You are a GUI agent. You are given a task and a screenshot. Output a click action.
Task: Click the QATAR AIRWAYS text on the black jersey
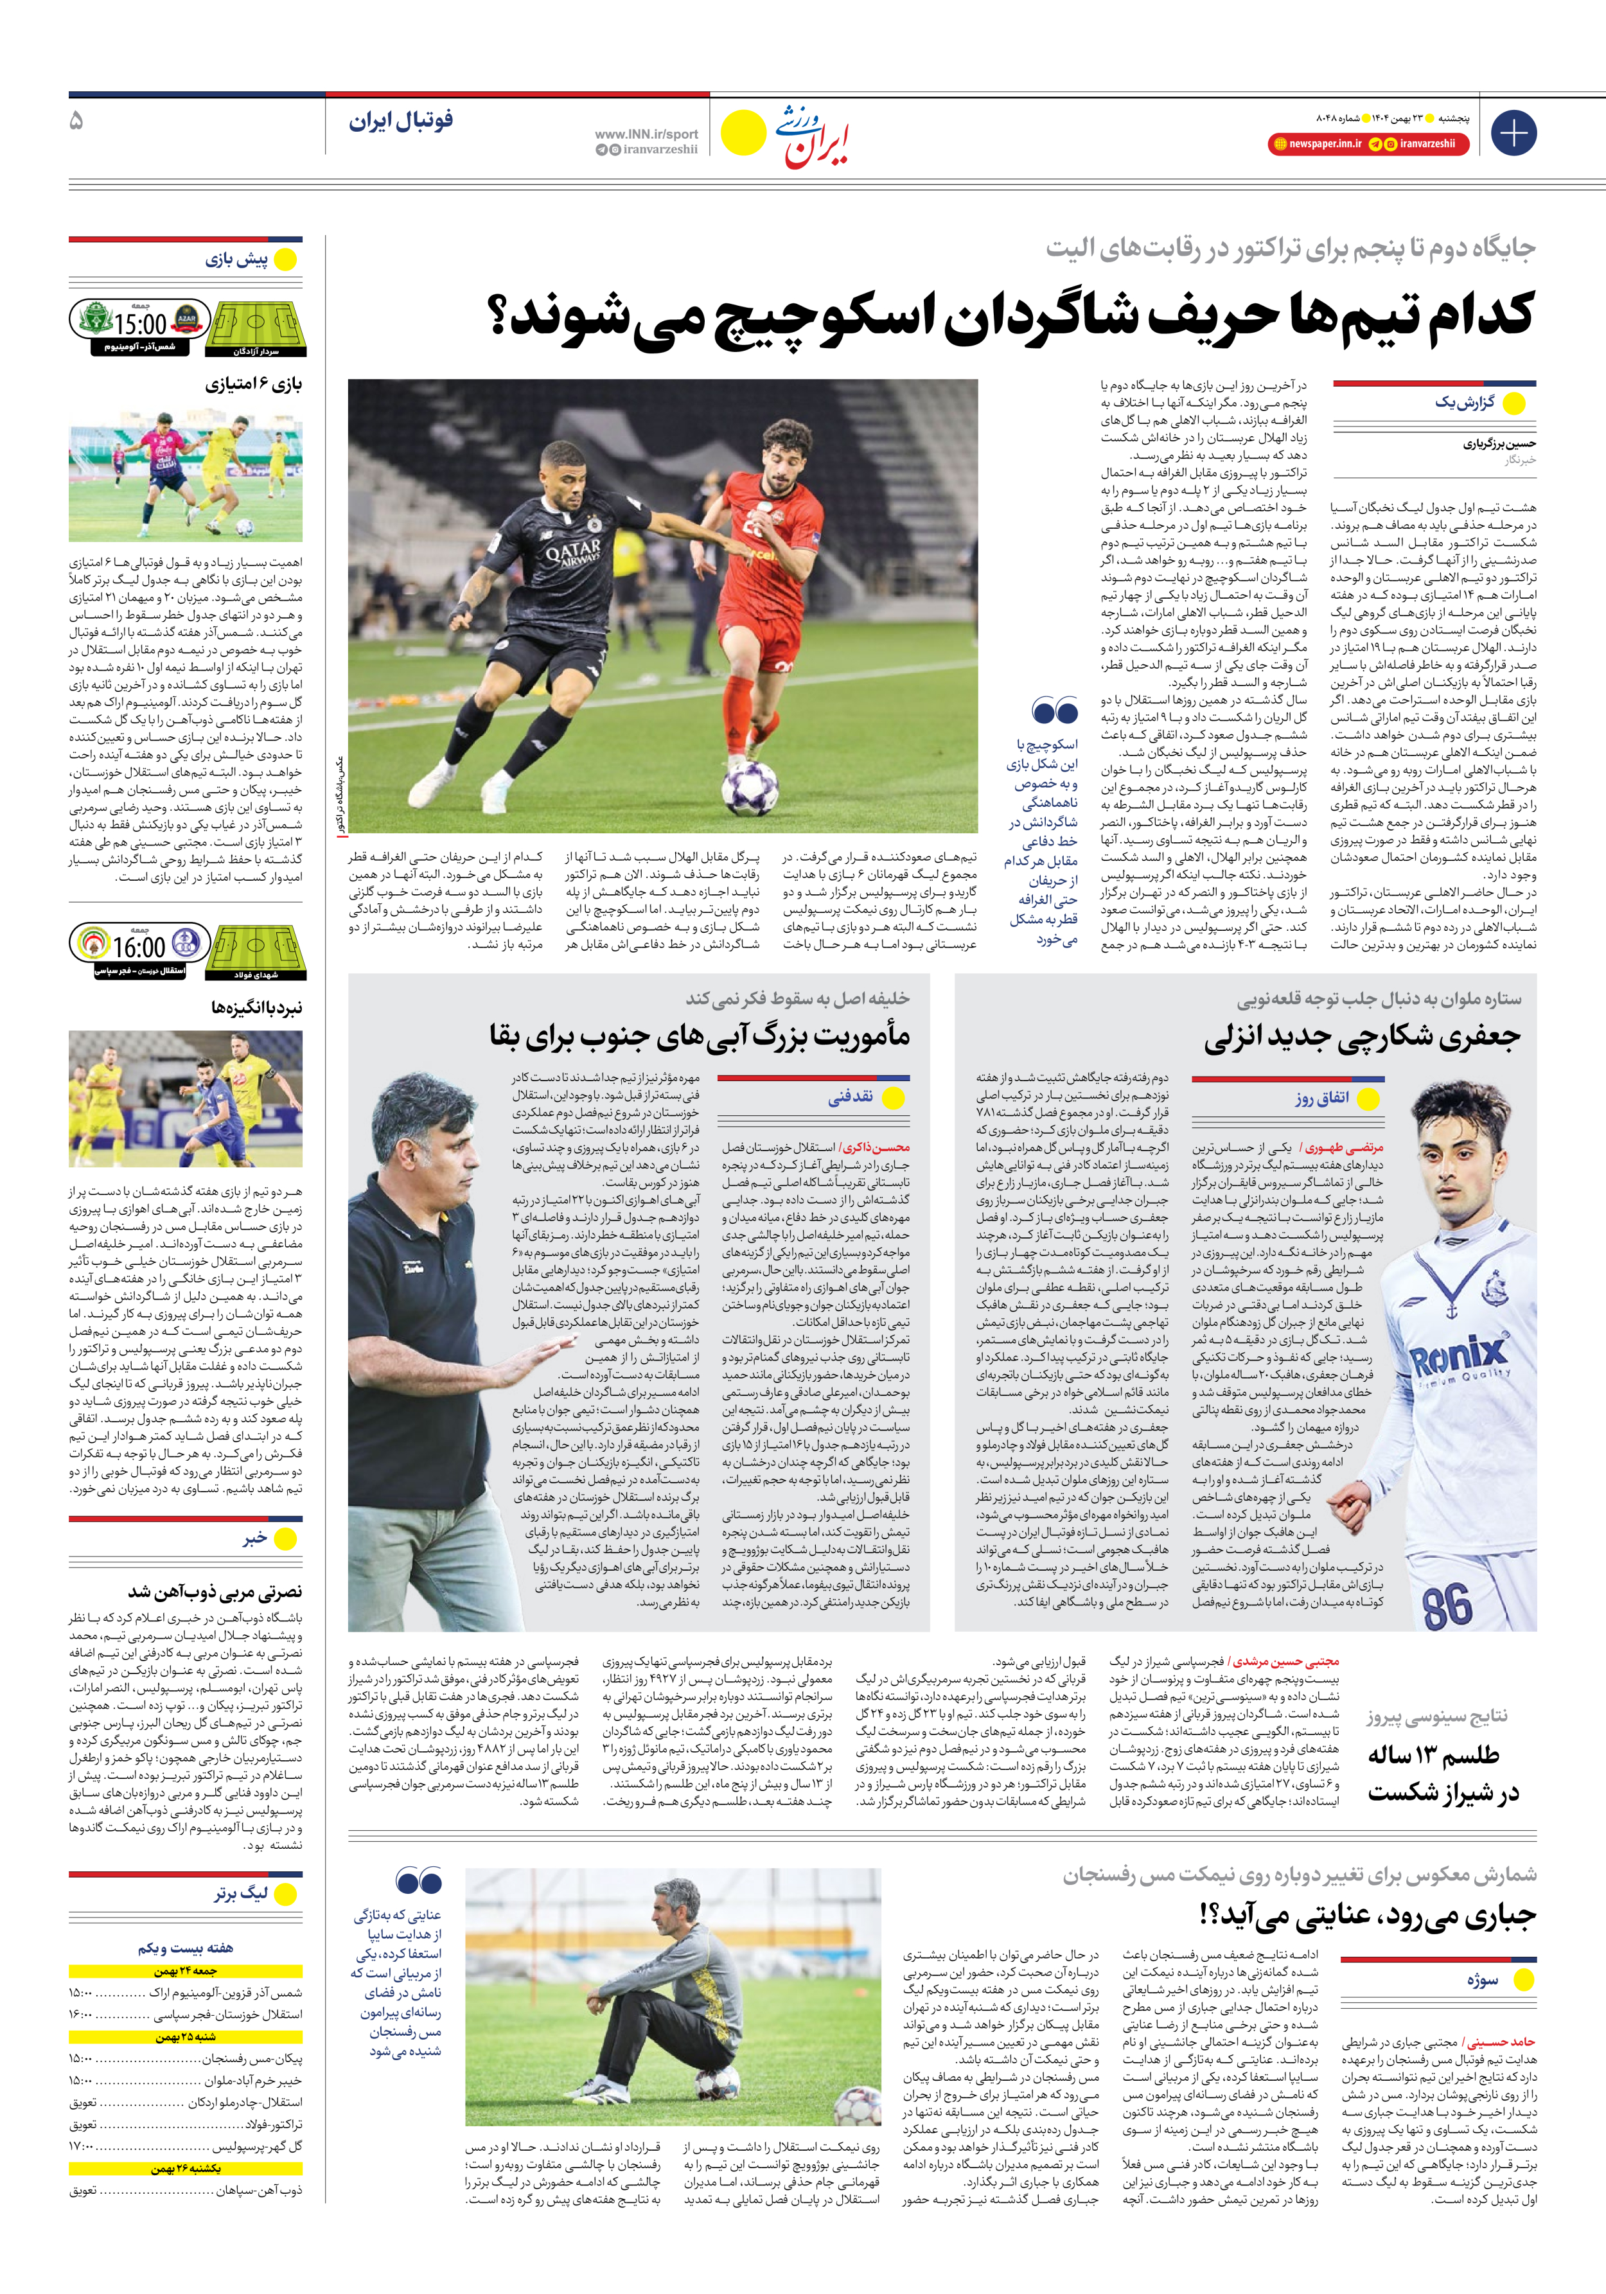click(x=572, y=552)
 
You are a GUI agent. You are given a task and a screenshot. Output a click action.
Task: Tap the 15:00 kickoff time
click(x=140, y=324)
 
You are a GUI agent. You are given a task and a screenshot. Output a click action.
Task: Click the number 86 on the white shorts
click(x=1446, y=1605)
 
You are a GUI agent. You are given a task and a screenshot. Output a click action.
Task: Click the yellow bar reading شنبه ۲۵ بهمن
click(x=186, y=2036)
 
